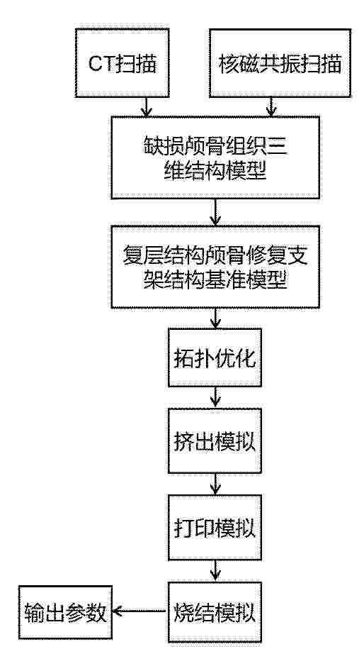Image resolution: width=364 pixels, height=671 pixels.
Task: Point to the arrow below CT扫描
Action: click(146, 107)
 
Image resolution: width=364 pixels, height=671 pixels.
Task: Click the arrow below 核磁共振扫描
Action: click(271, 107)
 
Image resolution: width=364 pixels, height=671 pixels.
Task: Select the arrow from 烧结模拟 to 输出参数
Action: click(140, 611)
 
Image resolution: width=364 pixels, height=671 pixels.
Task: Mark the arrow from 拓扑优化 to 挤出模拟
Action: click(215, 397)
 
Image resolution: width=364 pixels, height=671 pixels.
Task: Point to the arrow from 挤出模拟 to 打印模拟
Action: click(215, 484)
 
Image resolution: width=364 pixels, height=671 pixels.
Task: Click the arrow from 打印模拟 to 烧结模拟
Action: click(215, 571)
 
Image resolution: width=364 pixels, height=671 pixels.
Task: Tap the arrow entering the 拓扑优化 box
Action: click(215, 318)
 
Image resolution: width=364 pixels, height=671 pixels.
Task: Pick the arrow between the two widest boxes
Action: click(215, 212)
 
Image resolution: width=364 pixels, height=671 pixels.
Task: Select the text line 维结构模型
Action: click(215, 173)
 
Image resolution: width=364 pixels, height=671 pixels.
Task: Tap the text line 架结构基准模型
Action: click(215, 281)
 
